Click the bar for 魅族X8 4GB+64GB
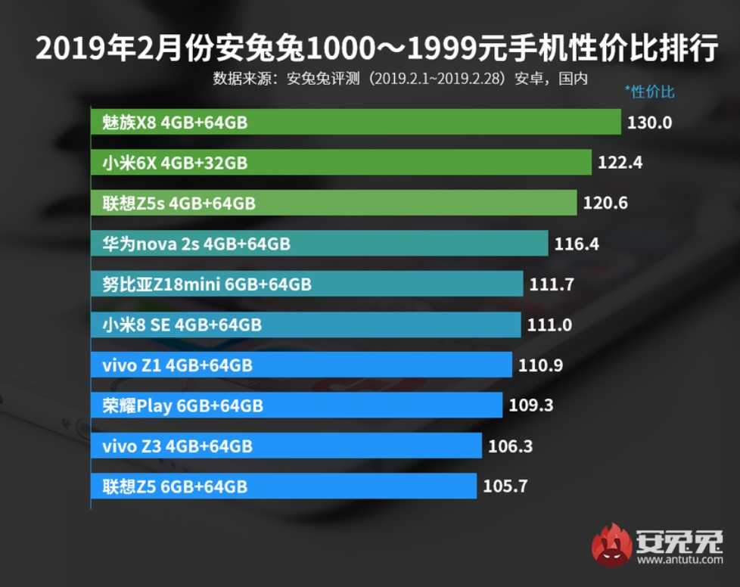pos(356,122)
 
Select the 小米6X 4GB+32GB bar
pos(340,162)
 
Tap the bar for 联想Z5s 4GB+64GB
pos(334,203)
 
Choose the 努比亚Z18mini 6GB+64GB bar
pos(306,284)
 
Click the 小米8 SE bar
pos(306,325)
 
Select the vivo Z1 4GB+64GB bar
pos(301,365)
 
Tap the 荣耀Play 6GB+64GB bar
pos(296,405)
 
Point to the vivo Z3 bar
pos(286,446)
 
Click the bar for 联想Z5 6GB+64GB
pos(284,486)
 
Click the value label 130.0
pos(650,122)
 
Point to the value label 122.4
pos(620,162)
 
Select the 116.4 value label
pos(577,244)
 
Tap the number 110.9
pos(541,365)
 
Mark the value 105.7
pos(505,486)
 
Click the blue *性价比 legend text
pos(649,92)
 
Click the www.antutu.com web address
pos(679,561)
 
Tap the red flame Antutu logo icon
pos(611,545)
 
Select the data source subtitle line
pos(400,78)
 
